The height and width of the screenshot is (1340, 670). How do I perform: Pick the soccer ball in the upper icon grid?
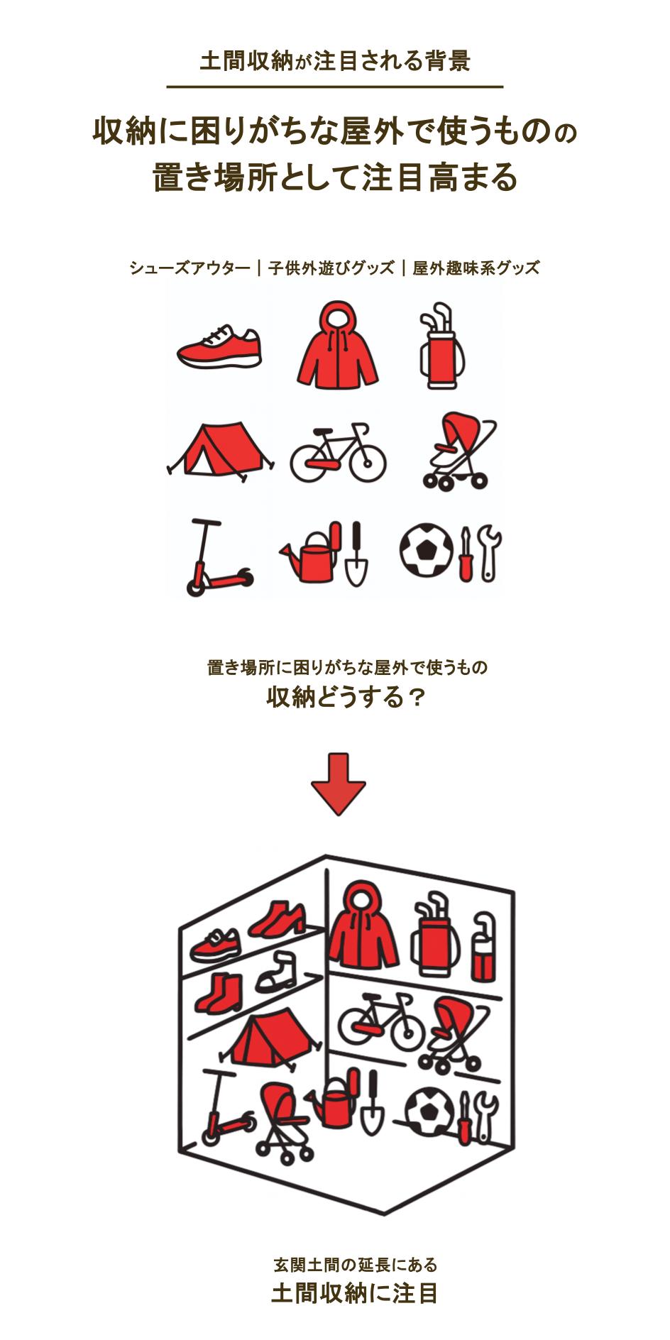tap(425, 551)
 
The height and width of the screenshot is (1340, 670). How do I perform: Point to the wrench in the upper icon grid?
tap(490, 553)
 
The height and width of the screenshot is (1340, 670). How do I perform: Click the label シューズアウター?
tap(190, 268)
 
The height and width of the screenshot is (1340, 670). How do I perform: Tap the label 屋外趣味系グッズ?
tap(476, 268)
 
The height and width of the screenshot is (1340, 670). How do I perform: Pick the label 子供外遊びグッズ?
tap(331, 268)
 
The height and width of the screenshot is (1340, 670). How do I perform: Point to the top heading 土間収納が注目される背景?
tap(335, 61)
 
